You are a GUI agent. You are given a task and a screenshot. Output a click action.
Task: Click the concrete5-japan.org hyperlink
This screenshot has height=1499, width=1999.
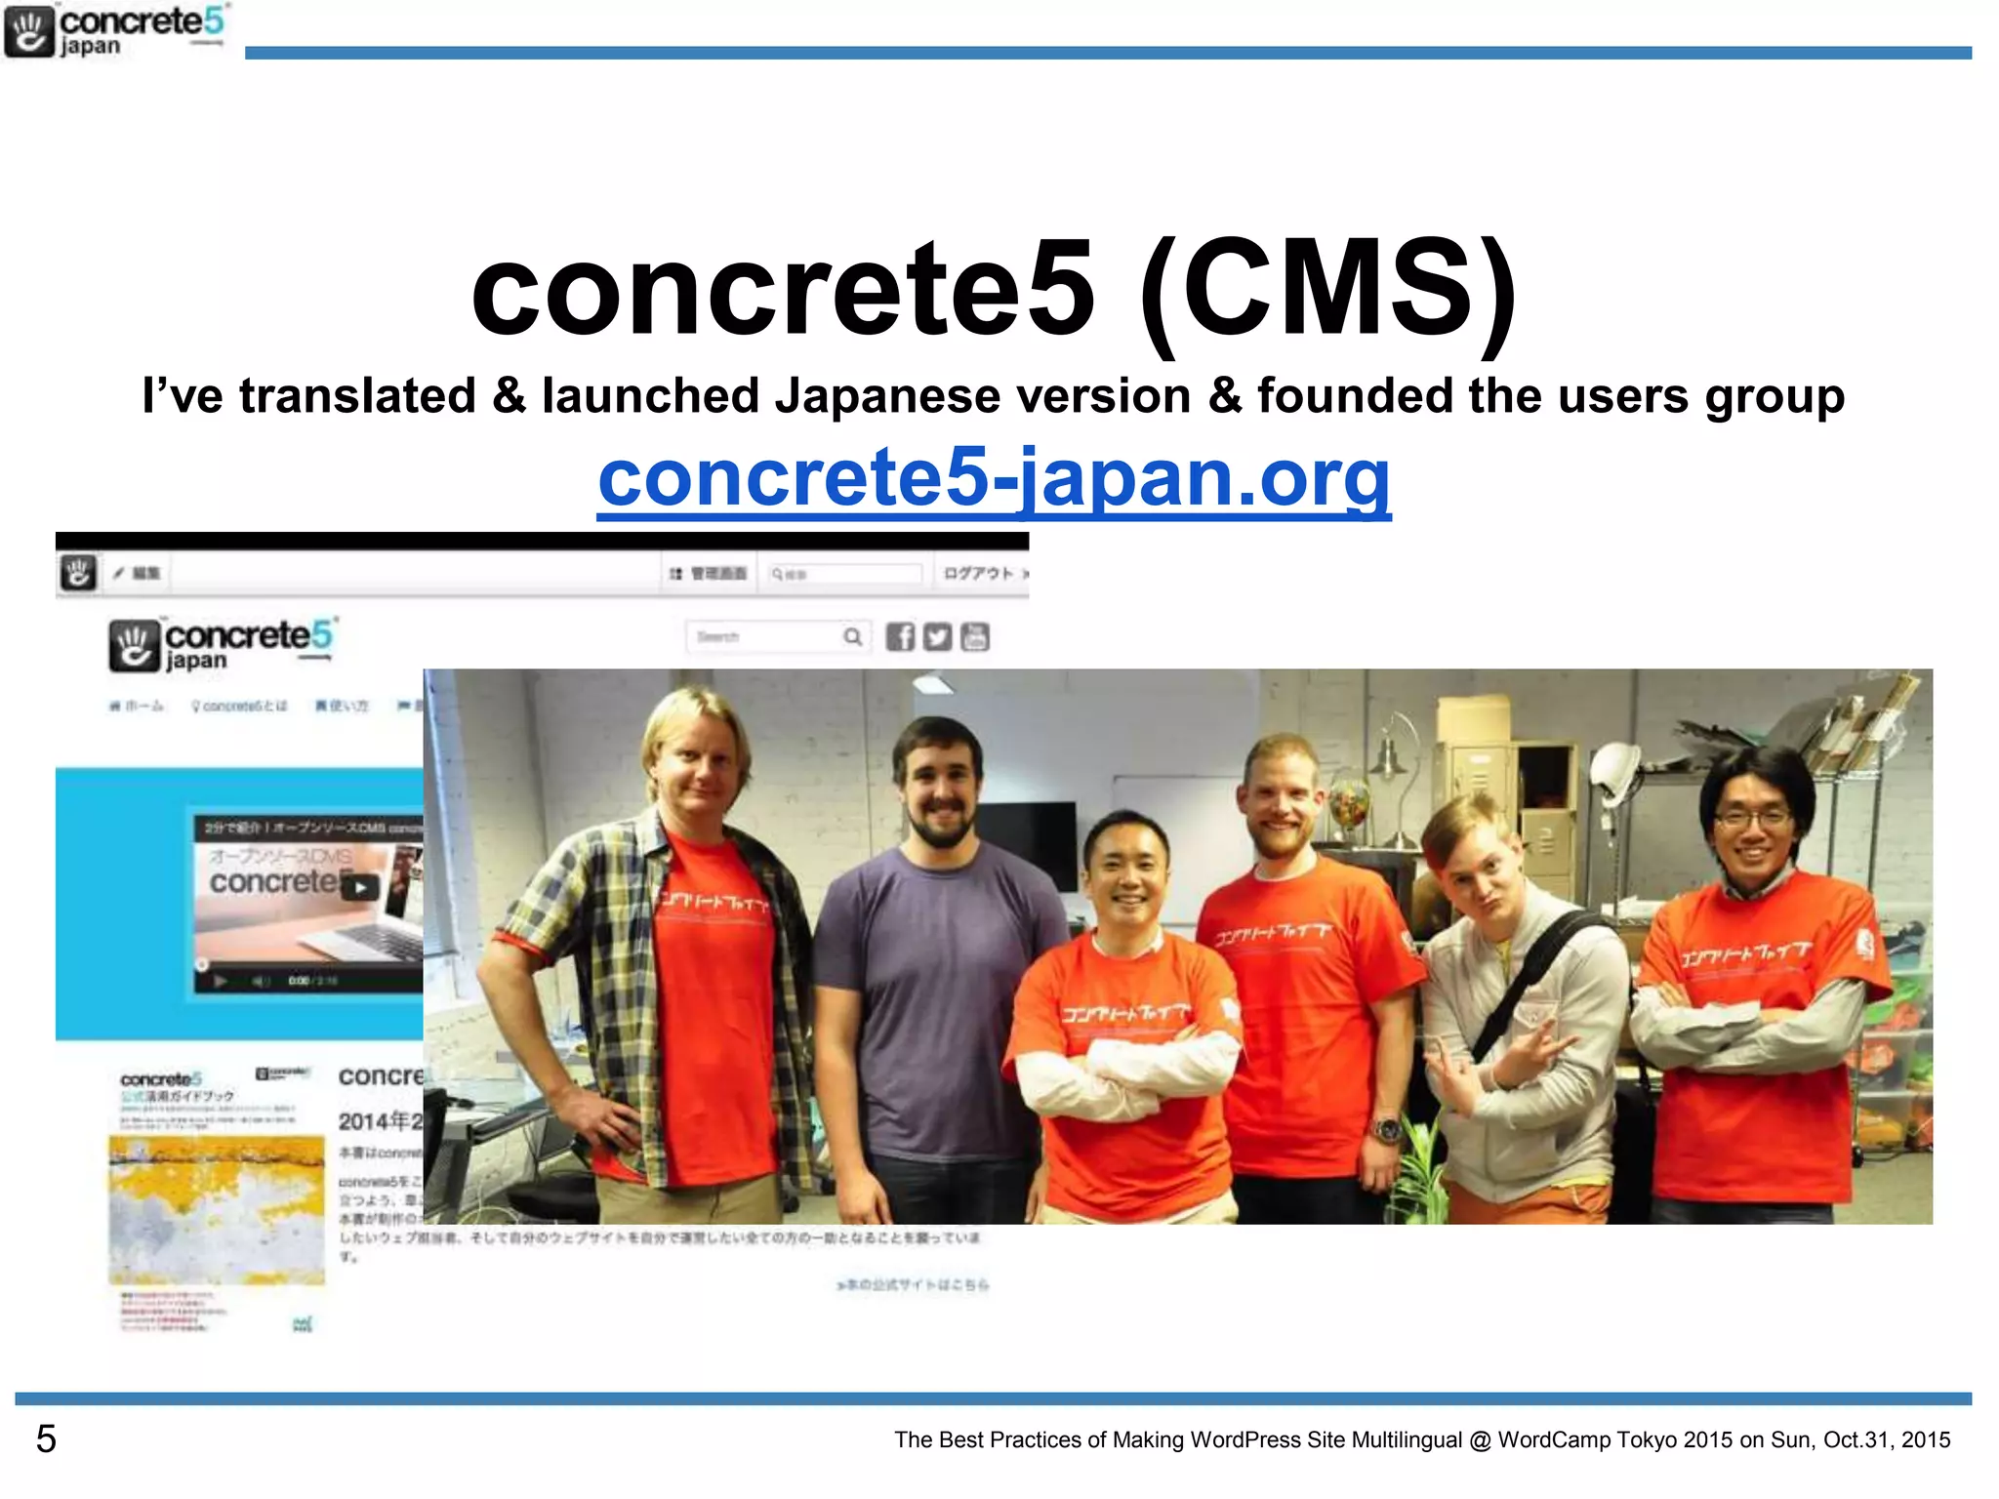(x=994, y=477)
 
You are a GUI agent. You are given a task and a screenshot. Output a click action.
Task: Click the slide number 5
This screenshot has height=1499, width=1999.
(x=46, y=1439)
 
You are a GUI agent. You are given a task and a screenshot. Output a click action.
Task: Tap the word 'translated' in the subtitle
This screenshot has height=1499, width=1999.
(x=357, y=396)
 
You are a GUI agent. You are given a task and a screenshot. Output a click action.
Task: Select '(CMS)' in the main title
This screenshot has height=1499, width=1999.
(x=1327, y=289)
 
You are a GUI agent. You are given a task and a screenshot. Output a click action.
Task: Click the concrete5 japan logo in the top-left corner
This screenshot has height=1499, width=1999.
(x=115, y=32)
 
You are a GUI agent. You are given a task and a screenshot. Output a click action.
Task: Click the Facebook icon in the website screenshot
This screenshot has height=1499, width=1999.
(x=900, y=637)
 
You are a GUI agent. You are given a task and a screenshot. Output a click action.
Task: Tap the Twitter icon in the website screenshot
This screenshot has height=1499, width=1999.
(x=937, y=637)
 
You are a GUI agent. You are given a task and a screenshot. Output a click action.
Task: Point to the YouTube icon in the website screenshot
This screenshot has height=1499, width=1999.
(x=974, y=637)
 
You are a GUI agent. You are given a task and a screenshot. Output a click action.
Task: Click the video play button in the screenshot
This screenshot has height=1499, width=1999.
(x=361, y=887)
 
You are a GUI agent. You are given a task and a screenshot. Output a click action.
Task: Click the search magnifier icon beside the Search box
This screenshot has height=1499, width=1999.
(x=852, y=637)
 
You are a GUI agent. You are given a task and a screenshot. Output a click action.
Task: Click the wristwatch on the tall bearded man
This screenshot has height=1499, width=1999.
(x=1385, y=1130)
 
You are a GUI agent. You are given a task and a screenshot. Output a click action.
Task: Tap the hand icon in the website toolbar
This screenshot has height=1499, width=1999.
(x=78, y=573)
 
